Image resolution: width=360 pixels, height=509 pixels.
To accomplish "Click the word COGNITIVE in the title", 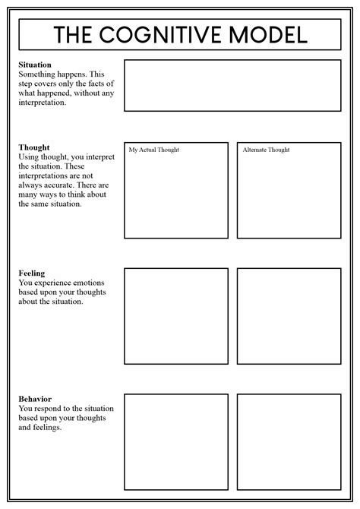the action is click(172, 35).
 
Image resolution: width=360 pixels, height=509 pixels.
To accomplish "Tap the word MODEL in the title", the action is click(270, 35).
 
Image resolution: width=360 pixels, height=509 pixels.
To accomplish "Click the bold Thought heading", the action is click(34, 147).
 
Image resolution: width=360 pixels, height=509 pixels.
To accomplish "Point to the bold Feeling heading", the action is click(32, 273).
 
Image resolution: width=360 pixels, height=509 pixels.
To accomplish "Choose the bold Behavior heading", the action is click(36, 399).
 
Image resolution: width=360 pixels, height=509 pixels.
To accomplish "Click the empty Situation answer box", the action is click(232, 86).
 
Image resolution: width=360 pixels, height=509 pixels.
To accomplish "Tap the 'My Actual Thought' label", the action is click(154, 150).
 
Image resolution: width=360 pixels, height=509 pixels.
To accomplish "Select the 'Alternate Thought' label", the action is click(266, 150).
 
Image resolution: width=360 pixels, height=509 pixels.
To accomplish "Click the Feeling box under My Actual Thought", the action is click(176, 315).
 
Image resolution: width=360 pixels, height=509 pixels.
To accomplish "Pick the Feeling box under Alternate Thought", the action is click(289, 315).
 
